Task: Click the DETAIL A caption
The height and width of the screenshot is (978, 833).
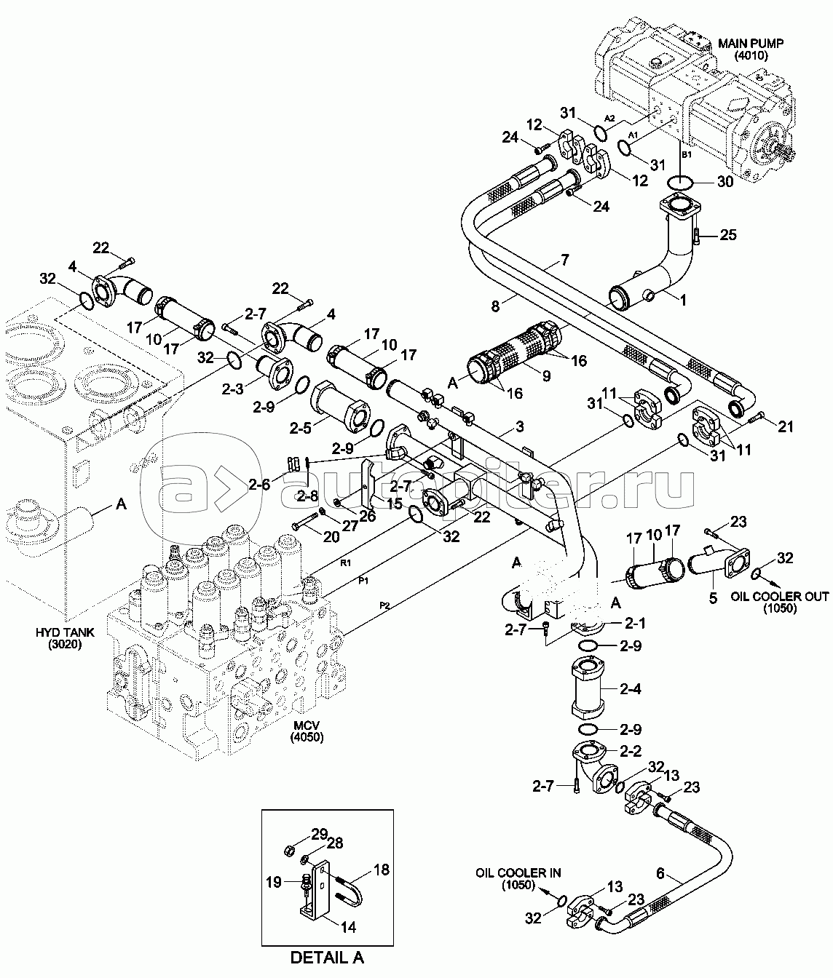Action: [x=326, y=957]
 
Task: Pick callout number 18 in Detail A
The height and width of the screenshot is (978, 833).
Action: [x=381, y=870]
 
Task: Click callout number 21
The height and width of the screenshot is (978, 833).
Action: [x=786, y=427]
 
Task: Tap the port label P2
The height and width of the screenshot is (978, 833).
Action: [x=384, y=605]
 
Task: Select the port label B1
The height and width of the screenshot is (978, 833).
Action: [x=686, y=155]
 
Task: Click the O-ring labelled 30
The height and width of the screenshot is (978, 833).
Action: [x=679, y=182]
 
